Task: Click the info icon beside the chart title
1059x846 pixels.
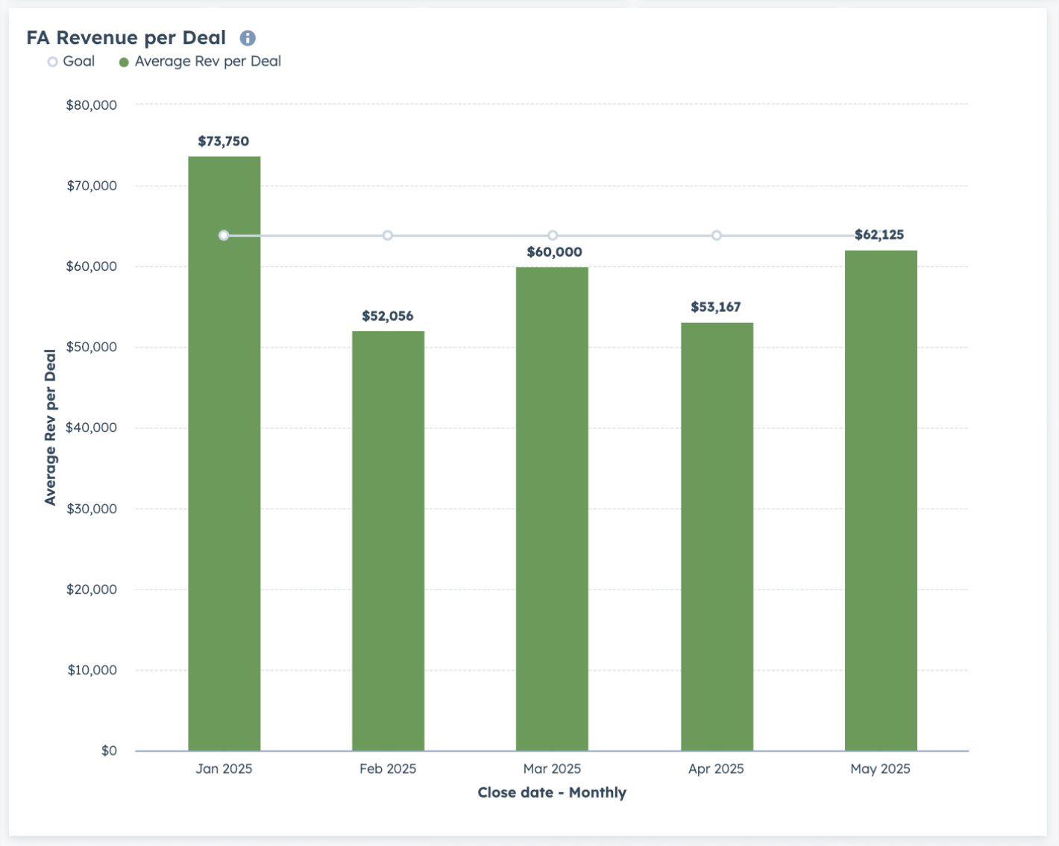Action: [x=248, y=38]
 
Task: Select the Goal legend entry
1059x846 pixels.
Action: [x=71, y=62]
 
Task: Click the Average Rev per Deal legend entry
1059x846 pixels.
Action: [x=201, y=62]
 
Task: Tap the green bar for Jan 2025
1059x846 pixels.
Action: [x=224, y=454]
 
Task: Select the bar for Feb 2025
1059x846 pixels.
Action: [x=389, y=541]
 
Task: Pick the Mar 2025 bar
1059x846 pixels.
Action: [x=552, y=509]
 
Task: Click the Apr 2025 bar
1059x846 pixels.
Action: [x=717, y=536]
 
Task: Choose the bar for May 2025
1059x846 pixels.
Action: [x=881, y=501]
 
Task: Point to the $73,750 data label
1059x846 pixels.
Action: [x=224, y=141]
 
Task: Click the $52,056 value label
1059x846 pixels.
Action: [x=388, y=316]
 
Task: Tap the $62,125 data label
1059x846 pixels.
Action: [x=879, y=234]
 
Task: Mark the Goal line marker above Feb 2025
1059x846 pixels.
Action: [x=388, y=236]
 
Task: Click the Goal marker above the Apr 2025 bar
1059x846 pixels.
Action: [x=717, y=236]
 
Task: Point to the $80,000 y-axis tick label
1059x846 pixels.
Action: [x=92, y=105]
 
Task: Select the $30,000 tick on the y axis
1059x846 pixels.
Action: [x=92, y=509]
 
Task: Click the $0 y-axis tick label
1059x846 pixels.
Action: [x=109, y=751]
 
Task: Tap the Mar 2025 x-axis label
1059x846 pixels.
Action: [x=552, y=768]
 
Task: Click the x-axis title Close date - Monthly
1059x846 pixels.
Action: [x=552, y=792]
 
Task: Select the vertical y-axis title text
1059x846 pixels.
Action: [x=50, y=427]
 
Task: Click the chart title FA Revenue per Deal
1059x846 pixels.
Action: [x=126, y=37]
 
